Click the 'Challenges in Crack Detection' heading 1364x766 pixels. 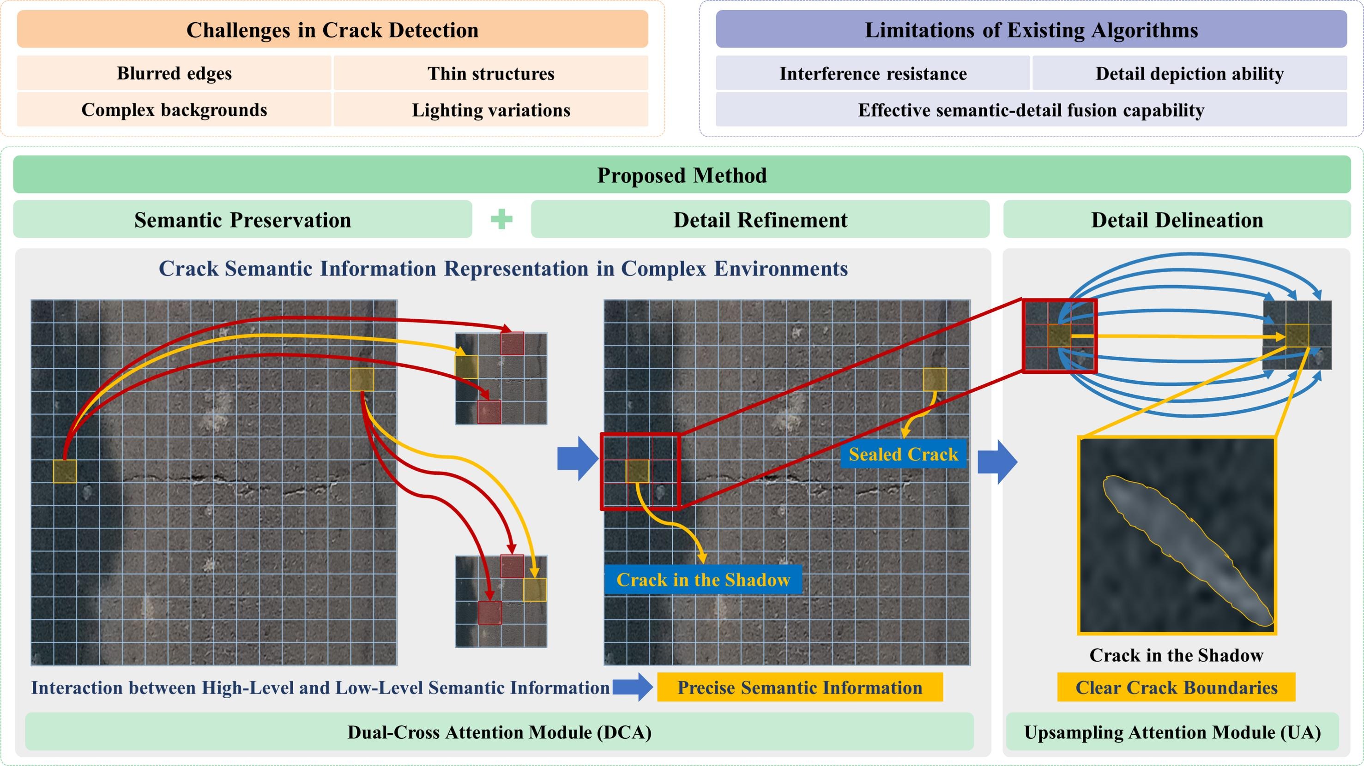(332, 30)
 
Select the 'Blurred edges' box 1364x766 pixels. (174, 73)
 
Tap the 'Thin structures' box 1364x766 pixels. (491, 73)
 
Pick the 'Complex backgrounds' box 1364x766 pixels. (174, 109)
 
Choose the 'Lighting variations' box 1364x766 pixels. (491, 109)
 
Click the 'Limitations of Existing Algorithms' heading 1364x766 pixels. (1031, 30)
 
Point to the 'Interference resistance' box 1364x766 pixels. (873, 73)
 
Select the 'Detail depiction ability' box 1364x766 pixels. (1189, 73)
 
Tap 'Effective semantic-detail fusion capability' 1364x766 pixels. (1031, 109)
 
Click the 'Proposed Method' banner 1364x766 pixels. (682, 175)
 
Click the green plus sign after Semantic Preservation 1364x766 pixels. (501, 219)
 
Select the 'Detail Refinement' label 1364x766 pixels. (760, 220)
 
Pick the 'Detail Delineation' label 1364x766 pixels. (1177, 220)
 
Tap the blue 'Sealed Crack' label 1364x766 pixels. (903, 454)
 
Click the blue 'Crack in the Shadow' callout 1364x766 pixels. (703, 579)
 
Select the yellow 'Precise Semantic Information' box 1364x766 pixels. (800, 687)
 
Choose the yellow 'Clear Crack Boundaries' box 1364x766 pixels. (1176, 687)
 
